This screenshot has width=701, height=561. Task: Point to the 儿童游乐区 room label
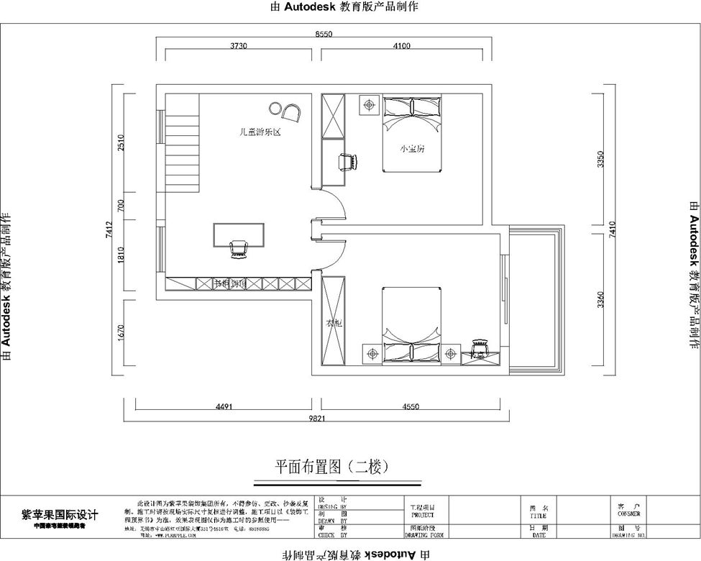point(259,132)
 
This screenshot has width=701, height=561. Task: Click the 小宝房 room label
point(412,149)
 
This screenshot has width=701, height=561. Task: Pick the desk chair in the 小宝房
point(348,162)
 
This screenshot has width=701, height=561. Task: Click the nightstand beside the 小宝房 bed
point(370,105)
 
